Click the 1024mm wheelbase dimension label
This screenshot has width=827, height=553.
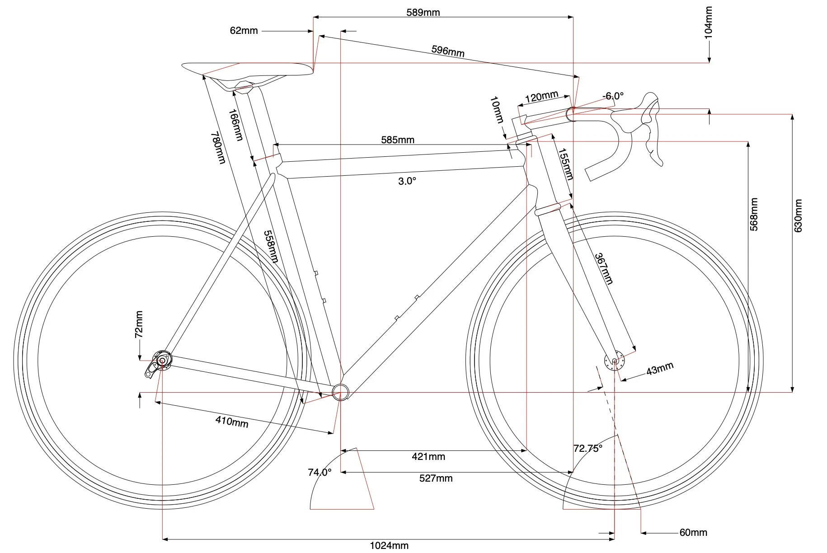coord(389,546)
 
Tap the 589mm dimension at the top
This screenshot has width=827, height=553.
coord(423,12)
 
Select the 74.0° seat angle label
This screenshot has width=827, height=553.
coord(320,473)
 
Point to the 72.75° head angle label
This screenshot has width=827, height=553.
coord(588,449)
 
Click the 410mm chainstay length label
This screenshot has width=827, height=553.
coord(232,422)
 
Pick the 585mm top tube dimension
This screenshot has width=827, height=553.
coord(398,140)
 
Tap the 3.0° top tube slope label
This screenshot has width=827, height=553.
coord(407,181)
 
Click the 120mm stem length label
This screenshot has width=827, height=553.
coord(541,97)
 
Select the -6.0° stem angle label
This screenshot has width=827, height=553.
coord(613,96)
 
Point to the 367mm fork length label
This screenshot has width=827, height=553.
coord(604,268)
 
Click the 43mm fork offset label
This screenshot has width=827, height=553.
coord(660,369)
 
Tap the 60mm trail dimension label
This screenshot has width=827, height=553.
coord(693,533)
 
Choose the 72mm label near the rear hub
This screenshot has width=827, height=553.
coord(139,324)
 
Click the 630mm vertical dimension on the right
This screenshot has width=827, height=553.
coord(798,216)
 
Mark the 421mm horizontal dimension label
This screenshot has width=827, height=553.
coord(428,457)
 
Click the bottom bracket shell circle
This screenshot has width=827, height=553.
coord(341,393)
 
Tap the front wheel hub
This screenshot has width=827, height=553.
coord(614,360)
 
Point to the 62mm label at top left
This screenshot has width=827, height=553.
coord(244,31)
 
